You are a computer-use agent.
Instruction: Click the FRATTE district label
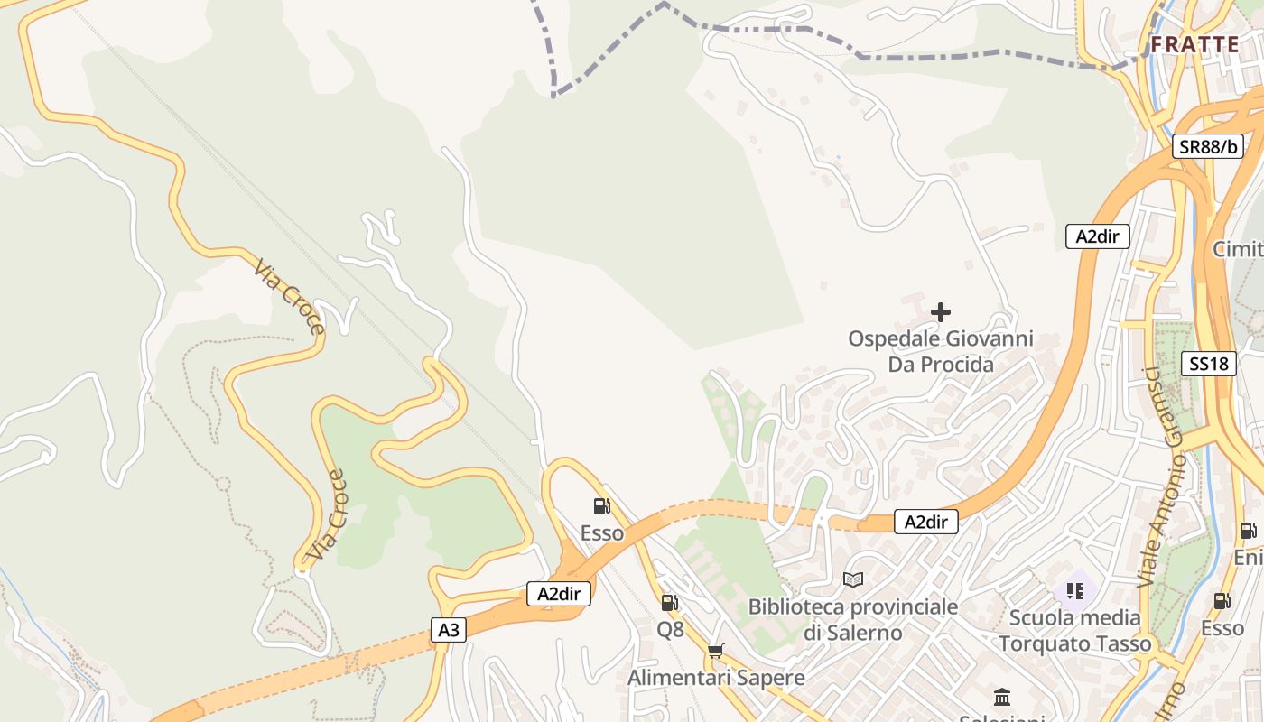1194,44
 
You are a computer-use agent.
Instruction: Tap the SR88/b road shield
1207,146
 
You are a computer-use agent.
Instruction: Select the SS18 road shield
1208,364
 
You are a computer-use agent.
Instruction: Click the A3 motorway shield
448,630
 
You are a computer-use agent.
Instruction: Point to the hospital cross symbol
940,312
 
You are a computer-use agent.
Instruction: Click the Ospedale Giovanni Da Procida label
940,352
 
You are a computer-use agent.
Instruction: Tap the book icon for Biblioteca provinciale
852,579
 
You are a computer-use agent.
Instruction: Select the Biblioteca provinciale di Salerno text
852,619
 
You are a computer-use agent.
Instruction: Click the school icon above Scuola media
1074,591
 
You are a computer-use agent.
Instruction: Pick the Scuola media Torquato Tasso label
1074,631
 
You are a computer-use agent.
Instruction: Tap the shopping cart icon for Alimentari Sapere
716,651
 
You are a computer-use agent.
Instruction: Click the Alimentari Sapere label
716,677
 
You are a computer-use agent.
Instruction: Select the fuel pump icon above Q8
669,602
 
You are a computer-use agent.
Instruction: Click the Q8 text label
670,630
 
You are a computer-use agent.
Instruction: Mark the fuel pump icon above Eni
1248,531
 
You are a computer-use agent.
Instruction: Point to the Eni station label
1248,558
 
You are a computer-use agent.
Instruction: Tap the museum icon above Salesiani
1001,697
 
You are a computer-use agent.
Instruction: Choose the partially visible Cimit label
1238,249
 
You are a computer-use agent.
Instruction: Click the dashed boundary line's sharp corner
553,94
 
